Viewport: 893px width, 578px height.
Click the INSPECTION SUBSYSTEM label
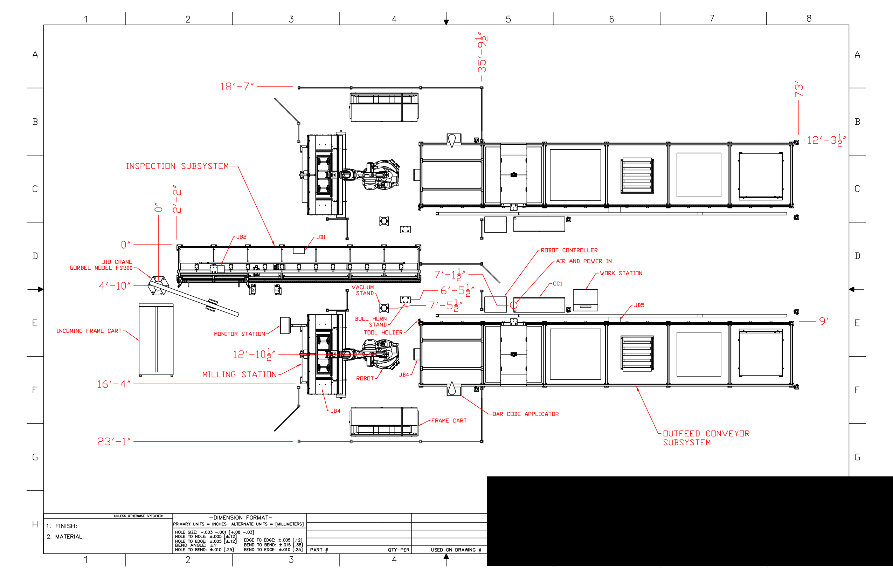[177, 166]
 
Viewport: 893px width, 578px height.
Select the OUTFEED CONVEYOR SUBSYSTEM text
[706, 438]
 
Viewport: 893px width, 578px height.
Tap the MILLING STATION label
[240, 374]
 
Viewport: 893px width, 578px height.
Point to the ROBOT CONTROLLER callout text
[569, 250]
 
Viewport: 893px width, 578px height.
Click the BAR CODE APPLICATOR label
[525, 414]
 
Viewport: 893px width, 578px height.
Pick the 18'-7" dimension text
[237, 86]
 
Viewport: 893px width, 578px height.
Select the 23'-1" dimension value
[114, 441]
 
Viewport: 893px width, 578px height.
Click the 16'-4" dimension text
[114, 384]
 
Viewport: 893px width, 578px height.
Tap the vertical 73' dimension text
[798, 89]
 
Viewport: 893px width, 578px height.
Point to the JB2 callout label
[241, 237]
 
